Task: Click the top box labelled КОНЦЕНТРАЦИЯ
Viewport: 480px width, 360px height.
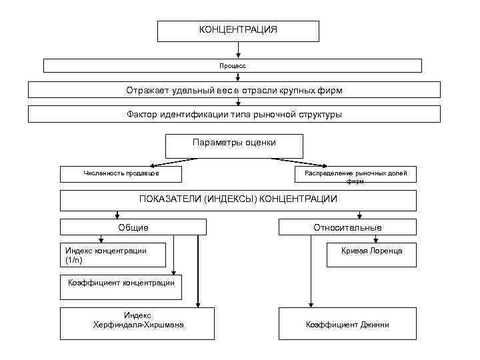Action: [238, 31]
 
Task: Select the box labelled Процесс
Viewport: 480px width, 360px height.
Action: [233, 65]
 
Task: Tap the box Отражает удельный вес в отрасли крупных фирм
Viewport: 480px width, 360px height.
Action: [234, 89]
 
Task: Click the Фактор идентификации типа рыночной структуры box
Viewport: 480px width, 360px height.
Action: [234, 114]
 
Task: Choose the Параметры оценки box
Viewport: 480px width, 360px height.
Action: [234, 145]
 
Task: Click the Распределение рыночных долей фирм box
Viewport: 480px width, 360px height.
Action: [355, 175]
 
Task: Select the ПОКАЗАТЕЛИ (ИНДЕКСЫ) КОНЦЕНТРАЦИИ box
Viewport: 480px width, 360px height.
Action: [238, 199]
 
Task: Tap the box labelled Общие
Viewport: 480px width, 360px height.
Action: [133, 227]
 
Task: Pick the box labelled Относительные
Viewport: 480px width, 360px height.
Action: [347, 227]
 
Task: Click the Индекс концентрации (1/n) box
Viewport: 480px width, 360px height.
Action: [107, 255]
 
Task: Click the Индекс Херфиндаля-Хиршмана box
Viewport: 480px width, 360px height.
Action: [138, 323]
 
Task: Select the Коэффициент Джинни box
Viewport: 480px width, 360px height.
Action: [347, 324]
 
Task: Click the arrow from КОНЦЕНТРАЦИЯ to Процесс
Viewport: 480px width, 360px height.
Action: [238, 50]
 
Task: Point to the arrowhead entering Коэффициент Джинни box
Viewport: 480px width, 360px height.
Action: [309, 304]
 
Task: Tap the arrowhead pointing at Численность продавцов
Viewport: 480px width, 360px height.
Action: [152, 164]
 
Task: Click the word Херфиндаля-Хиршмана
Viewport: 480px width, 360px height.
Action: [139, 325]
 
